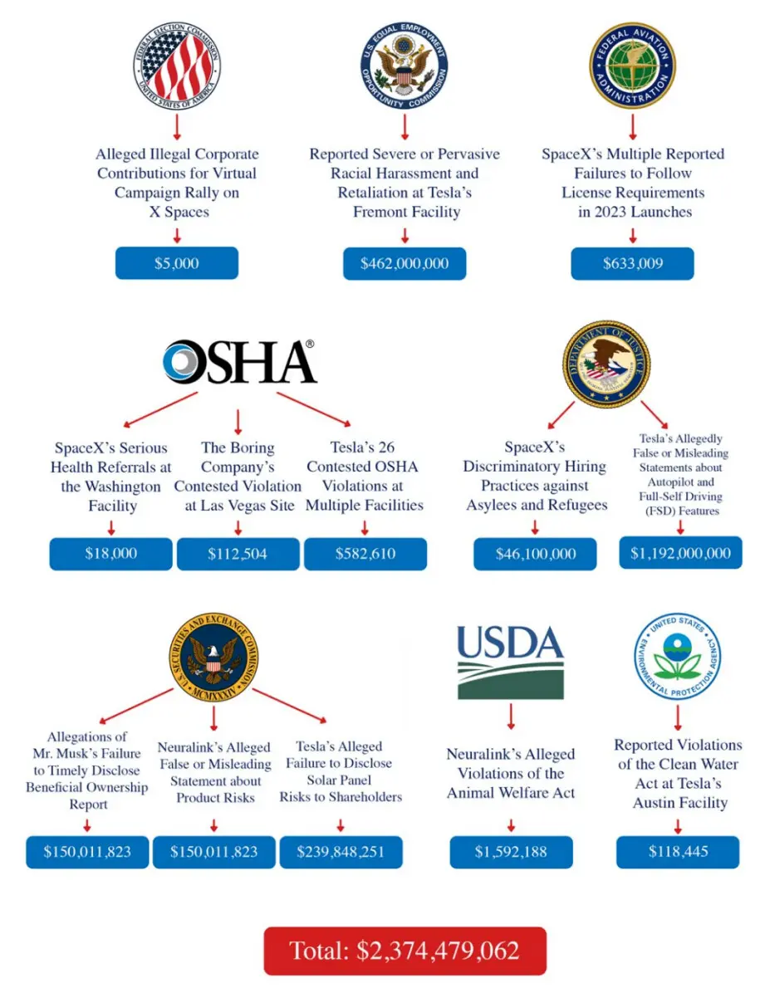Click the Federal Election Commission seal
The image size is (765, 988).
point(176,66)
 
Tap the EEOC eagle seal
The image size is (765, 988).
point(405,66)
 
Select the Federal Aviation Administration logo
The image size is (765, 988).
point(632,66)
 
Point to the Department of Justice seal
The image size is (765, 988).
point(606,363)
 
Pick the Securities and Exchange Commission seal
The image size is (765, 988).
point(213,657)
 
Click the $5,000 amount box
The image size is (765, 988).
point(176,263)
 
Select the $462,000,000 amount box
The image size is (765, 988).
point(405,263)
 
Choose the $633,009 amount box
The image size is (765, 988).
point(632,263)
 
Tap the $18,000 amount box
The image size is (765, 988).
point(110,554)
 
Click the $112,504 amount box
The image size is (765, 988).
point(238,554)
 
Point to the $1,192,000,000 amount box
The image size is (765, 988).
point(680,553)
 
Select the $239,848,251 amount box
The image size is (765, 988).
point(341,852)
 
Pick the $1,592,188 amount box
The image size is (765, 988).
point(511,852)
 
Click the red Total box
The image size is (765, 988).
point(405,951)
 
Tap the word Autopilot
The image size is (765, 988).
point(680,482)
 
